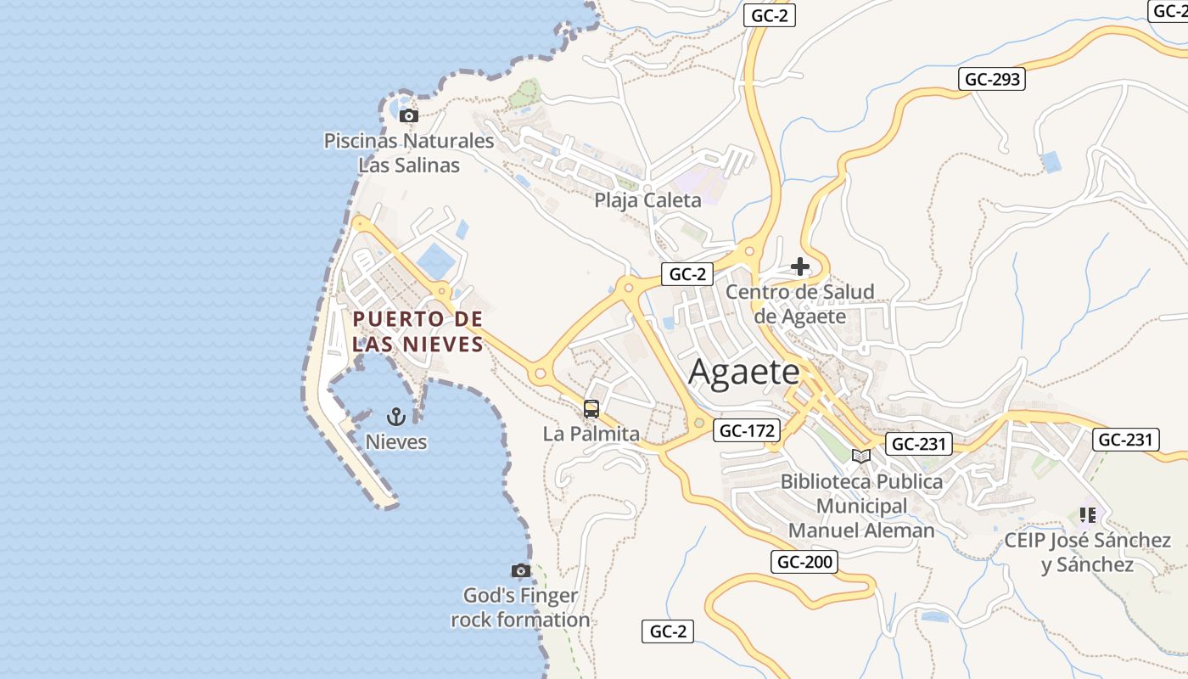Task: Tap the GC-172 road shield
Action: coord(746,430)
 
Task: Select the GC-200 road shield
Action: coord(804,561)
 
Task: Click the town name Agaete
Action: coord(744,372)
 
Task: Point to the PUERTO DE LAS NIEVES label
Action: coord(417,331)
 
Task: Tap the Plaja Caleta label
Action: coord(647,200)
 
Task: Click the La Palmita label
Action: coord(591,434)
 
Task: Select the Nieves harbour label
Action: coord(396,441)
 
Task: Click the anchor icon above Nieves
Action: coord(395,416)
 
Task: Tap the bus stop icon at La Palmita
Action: coord(591,409)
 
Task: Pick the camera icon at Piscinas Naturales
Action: coord(409,115)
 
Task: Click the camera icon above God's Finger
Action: coord(521,570)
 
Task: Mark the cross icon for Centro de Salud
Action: coord(799,267)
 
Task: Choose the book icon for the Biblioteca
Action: coord(861,456)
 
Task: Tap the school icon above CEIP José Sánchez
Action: coord(1088,514)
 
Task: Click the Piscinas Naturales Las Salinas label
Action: coord(409,153)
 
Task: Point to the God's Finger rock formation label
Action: coord(520,608)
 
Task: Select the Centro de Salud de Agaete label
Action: coord(800,304)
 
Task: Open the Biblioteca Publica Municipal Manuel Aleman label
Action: coord(861,506)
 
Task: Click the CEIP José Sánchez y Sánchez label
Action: coord(1088,552)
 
